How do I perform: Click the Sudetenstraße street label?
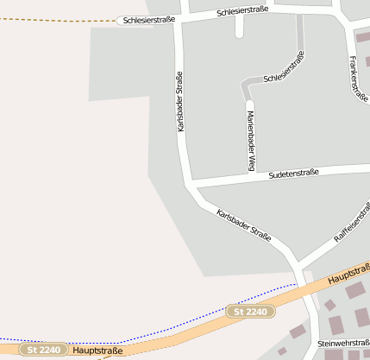(293, 174)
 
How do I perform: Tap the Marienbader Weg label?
(251, 141)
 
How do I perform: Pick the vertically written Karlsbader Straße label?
(180, 102)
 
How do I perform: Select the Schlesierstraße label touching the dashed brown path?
(147, 19)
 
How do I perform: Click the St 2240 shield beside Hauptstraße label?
(44, 351)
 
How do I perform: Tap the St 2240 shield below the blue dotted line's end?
(251, 310)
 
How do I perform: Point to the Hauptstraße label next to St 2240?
(97, 351)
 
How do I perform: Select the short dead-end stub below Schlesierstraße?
(239, 28)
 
